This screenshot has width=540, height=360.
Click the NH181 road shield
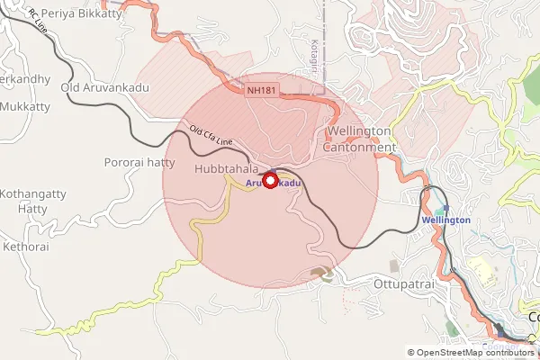pos(264,90)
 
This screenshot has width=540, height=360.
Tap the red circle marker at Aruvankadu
pos(268,181)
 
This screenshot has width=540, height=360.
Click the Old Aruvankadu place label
pos(104,87)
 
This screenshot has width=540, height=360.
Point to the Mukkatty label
pos(26,106)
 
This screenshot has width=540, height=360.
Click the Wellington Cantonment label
pos(358,139)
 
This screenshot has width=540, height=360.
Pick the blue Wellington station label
pos(445,220)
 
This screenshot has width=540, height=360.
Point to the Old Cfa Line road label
pos(211,136)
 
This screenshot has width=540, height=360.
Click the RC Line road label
pos(38,22)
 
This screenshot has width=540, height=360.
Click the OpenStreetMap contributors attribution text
pos(474,353)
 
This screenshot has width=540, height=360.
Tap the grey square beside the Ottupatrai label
pos(394,266)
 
